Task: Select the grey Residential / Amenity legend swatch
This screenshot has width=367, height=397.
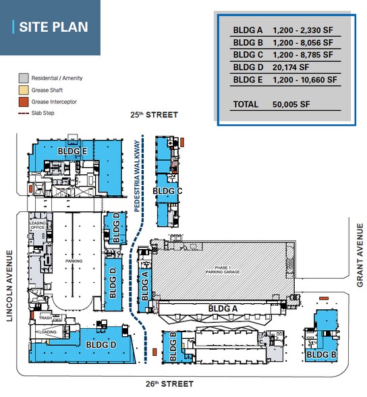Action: point(23,78)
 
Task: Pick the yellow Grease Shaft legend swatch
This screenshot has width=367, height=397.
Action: point(23,90)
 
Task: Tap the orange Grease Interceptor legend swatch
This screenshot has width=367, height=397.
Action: point(23,101)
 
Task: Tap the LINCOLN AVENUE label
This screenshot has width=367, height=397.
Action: point(10,286)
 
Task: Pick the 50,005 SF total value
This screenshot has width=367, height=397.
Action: point(291,105)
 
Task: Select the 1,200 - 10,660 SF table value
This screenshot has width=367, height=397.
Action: point(304,79)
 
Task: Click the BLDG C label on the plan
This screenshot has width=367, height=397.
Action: point(168,191)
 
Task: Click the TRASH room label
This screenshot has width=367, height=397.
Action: point(45,318)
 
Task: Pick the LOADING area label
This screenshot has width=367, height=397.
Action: point(47,332)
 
